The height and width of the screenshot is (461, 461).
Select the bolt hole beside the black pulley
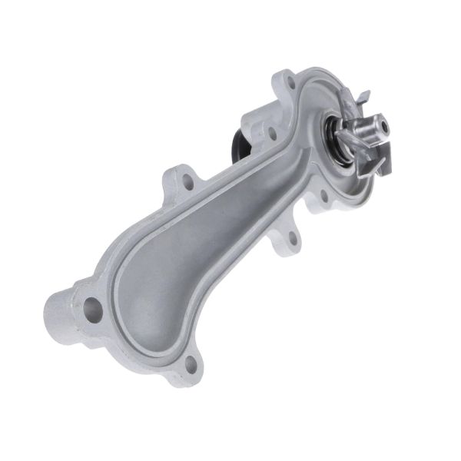point(271,131)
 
